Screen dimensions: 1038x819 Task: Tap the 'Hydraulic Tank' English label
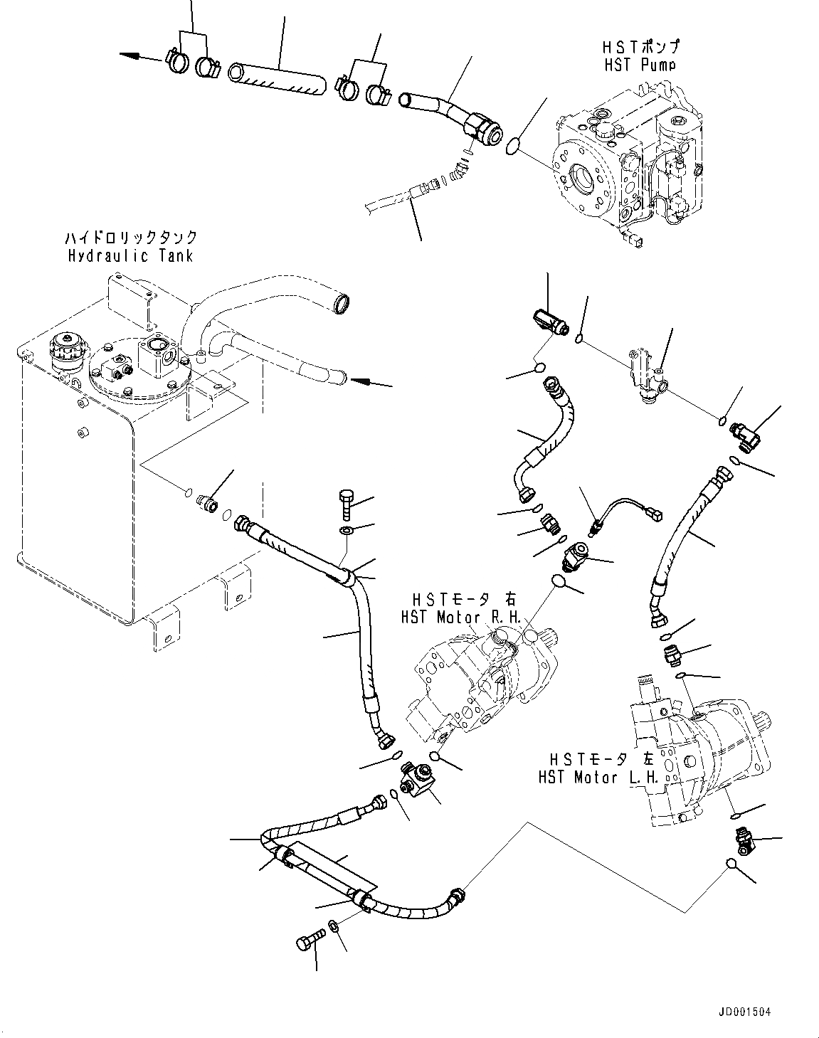[x=131, y=255]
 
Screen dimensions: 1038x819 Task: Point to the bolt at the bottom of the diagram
[x=307, y=943]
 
